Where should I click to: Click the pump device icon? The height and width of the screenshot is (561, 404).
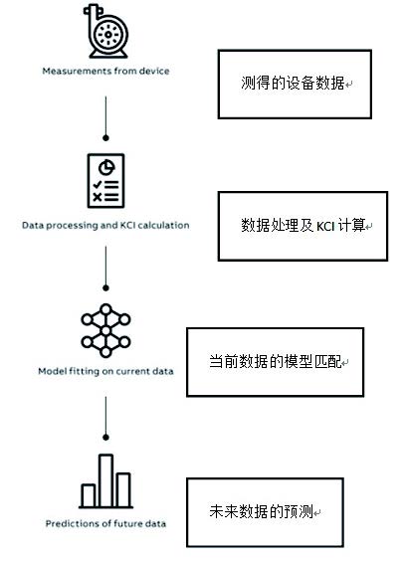[x=105, y=31]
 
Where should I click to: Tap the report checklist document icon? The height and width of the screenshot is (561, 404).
[x=105, y=181]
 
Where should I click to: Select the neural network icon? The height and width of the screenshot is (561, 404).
[x=105, y=330]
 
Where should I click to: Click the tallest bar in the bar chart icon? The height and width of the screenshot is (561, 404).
[x=105, y=480]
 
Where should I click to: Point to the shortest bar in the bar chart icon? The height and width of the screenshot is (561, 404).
[x=88, y=495]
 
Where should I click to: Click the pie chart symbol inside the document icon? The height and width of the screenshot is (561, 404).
[x=106, y=167]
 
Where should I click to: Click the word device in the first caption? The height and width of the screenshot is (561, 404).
[x=154, y=71]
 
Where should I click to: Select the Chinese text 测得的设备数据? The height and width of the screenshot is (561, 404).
[x=293, y=83]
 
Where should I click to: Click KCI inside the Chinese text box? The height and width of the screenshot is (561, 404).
[x=325, y=226]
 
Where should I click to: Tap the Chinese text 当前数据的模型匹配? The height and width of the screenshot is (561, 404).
[x=276, y=361]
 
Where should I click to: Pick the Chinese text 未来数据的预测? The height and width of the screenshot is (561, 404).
[x=262, y=511]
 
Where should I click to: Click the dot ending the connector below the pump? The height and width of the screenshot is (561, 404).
[x=105, y=137]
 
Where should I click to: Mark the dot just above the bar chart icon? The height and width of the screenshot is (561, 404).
[x=105, y=438]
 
